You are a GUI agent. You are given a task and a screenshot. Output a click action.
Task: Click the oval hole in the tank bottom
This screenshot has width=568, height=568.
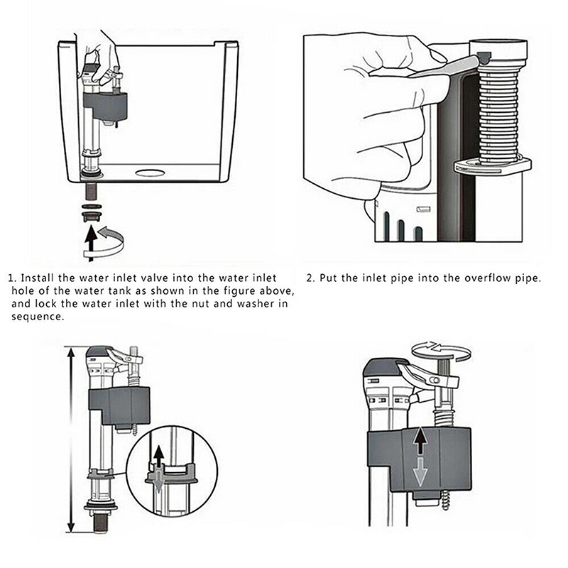coord(148,172)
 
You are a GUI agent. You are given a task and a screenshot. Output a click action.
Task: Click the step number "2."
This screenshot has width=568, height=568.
coord(311,278)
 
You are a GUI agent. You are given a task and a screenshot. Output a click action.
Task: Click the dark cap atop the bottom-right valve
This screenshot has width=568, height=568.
coord(383,367)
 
